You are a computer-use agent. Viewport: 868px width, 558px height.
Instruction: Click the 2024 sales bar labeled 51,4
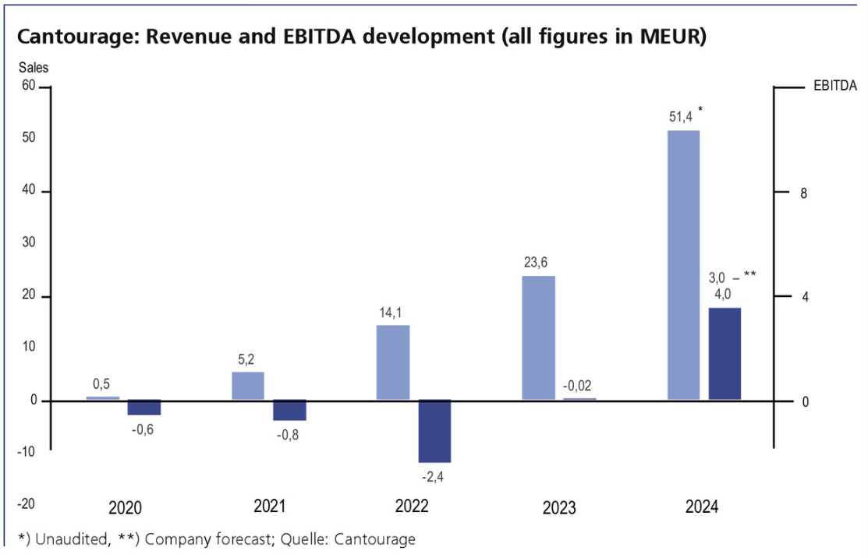click(x=683, y=265)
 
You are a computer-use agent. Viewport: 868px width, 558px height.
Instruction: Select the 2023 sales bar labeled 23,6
click(x=538, y=337)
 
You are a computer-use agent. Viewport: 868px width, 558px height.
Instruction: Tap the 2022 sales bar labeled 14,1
click(x=393, y=362)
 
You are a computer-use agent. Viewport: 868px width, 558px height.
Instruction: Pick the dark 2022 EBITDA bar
click(x=434, y=431)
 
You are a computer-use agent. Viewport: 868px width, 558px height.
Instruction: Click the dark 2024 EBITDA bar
click(x=725, y=354)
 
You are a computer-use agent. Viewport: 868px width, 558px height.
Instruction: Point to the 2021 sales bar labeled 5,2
click(x=248, y=386)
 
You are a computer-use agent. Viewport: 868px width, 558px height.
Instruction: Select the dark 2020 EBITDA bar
click(x=144, y=408)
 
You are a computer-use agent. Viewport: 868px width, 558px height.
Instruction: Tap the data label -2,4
click(x=433, y=475)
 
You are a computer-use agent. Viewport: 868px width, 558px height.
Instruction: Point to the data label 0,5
click(x=101, y=384)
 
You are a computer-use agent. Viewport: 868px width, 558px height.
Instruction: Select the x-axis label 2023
click(x=559, y=508)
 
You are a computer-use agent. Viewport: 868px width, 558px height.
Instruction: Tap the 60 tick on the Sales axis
click(x=28, y=85)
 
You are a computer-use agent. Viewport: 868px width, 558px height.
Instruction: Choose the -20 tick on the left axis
click(x=26, y=503)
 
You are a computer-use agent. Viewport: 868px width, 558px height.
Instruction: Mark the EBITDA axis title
click(x=835, y=86)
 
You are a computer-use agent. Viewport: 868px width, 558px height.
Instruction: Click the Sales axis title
click(x=34, y=68)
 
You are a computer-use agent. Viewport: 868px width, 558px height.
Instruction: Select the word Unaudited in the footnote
click(x=68, y=539)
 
